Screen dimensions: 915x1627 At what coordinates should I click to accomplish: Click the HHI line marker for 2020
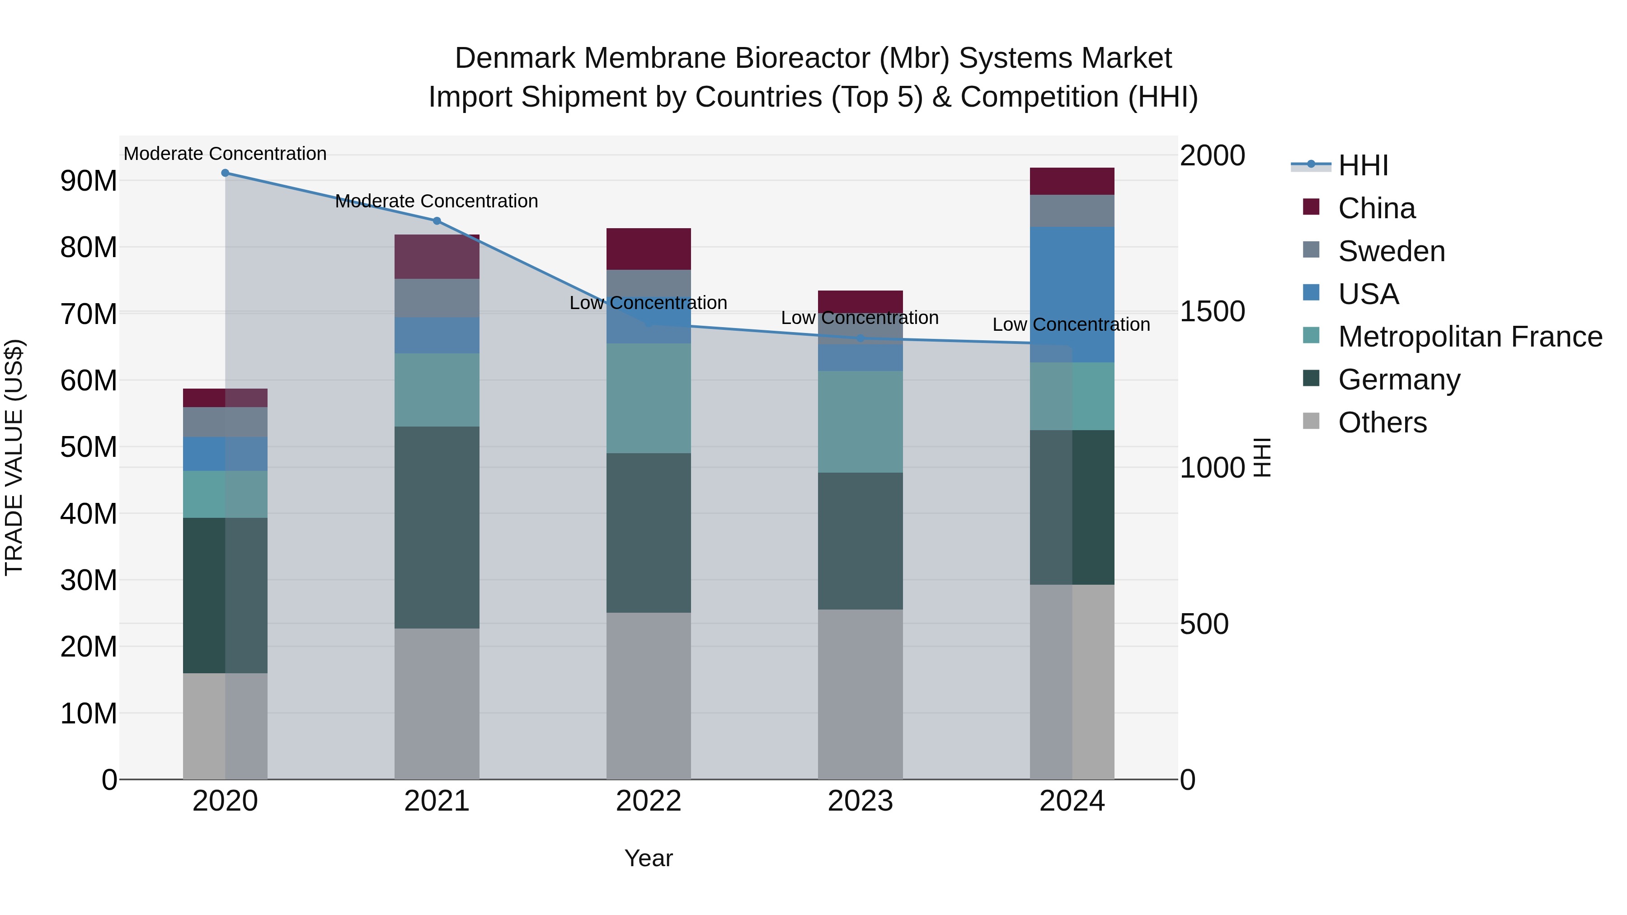click(x=225, y=173)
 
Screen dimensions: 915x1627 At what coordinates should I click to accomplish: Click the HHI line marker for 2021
click(x=437, y=221)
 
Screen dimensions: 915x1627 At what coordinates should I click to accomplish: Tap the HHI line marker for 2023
click(x=860, y=338)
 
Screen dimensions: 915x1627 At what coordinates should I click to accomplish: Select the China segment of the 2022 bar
click(x=648, y=249)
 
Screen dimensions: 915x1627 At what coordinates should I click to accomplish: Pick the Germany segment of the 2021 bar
click(x=437, y=527)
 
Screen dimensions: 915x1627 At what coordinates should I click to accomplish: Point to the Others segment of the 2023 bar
click(x=860, y=694)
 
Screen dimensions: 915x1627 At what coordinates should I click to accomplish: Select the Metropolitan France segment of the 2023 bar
click(x=860, y=422)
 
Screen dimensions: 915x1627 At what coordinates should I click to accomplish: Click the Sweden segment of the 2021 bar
click(x=437, y=298)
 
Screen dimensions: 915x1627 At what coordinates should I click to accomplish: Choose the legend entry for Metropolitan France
click(x=1470, y=337)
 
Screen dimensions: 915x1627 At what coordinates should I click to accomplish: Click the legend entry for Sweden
click(x=1392, y=251)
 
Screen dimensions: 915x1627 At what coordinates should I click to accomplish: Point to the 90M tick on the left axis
click(x=89, y=181)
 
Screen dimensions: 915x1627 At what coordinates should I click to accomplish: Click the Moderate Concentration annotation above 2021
click(x=437, y=202)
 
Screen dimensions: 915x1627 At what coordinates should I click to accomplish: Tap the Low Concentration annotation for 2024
click(x=1071, y=324)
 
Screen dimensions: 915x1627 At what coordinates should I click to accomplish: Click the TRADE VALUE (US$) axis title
click(x=14, y=457)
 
